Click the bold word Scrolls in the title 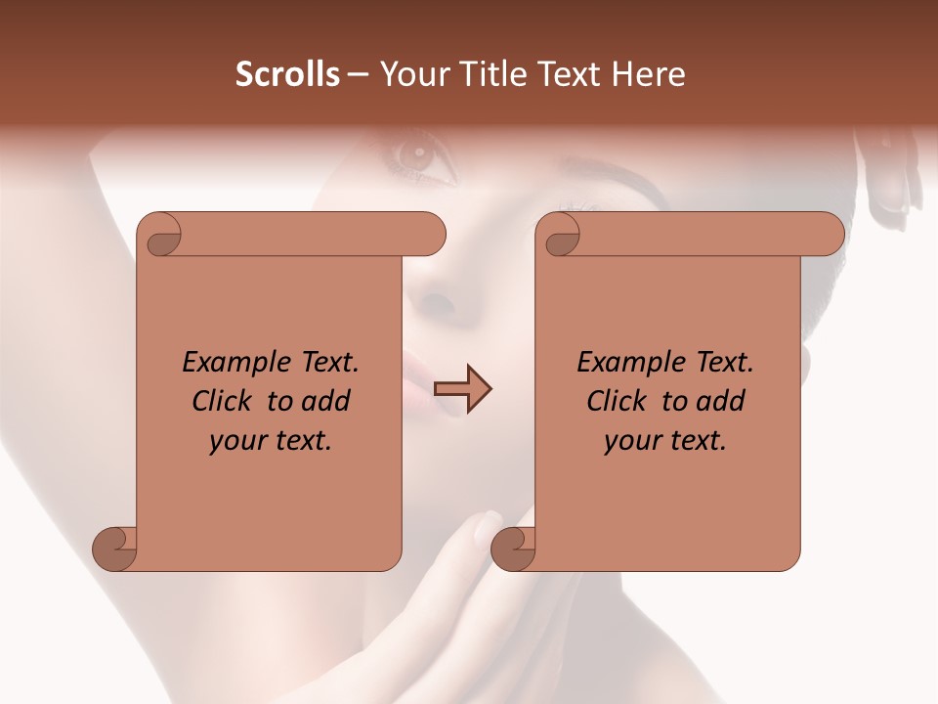[287, 74]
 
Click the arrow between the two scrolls [462, 389]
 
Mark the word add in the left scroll [327, 401]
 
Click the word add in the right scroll [722, 401]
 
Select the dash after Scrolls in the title [358, 74]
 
